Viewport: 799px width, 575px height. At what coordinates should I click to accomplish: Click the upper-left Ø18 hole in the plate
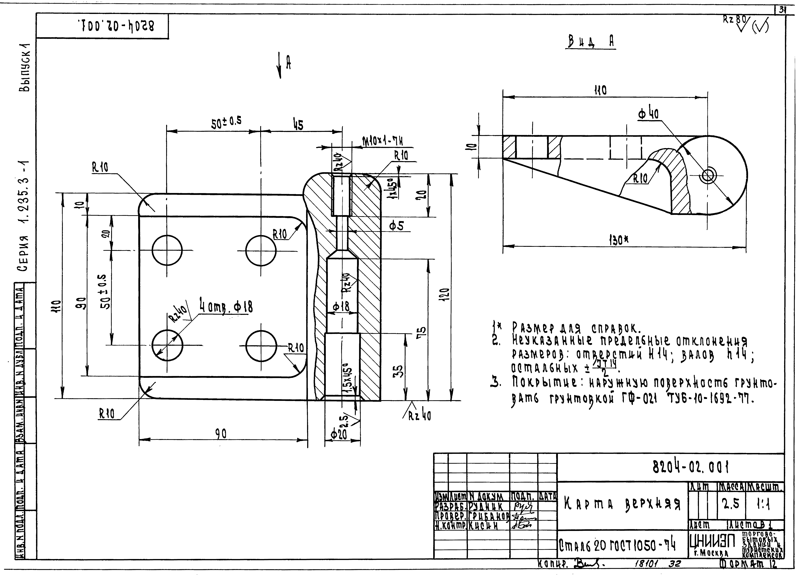tap(167, 251)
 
